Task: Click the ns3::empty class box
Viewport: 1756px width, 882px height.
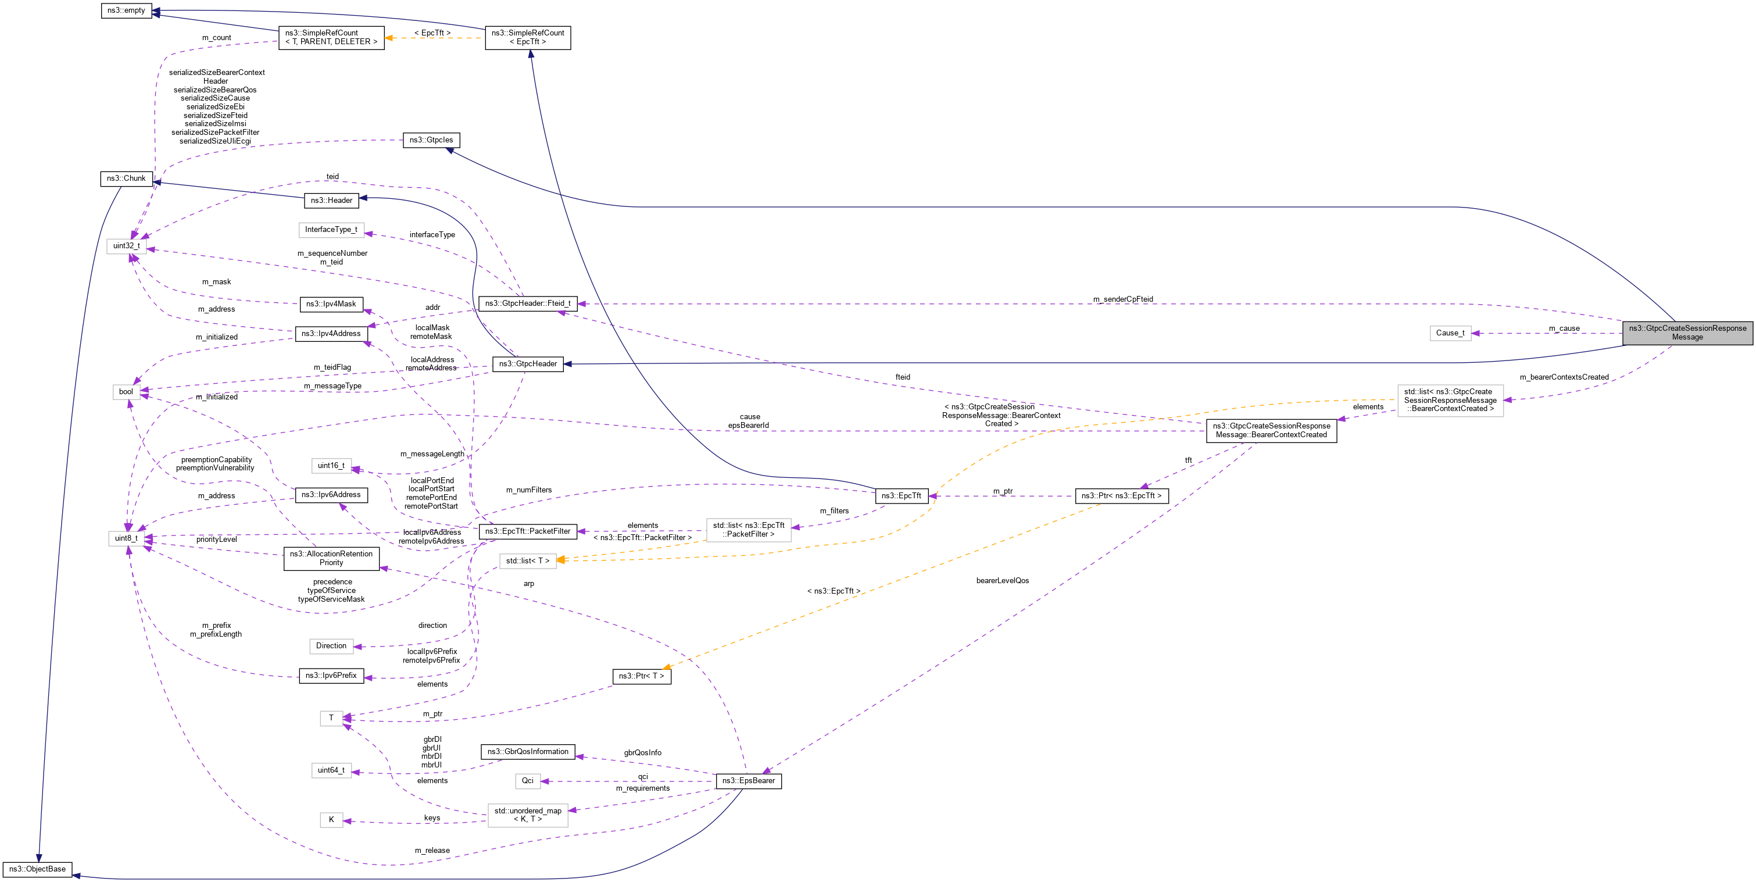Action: point(126,11)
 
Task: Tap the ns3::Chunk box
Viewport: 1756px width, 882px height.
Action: point(126,178)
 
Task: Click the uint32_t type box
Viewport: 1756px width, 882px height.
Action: point(126,246)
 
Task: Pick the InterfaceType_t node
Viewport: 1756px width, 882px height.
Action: point(331,230)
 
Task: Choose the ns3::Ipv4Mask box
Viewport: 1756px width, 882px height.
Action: point(331,304)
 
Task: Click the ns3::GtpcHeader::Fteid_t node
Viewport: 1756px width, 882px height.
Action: point(528,303)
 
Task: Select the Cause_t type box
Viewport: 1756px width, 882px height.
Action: point(1450,333)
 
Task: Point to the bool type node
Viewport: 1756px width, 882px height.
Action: point(126,392)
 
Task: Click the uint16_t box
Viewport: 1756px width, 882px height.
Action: point(331,466)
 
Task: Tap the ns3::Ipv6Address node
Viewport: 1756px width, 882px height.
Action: point(331,495)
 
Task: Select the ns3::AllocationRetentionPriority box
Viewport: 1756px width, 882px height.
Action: point(331,558)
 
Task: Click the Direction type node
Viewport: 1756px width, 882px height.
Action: point(331,646)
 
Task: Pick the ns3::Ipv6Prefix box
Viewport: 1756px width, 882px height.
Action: point(331,676)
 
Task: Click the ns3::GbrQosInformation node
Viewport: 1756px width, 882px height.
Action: point(528,752)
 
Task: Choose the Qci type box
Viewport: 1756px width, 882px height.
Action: point(528,781)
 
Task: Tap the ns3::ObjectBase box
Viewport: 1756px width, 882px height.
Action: point(38,870)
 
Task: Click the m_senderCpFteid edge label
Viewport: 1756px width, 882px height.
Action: point(1123,299)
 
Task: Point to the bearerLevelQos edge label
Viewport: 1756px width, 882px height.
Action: point(1002,581)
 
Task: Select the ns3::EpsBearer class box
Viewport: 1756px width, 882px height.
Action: point(749,781)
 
